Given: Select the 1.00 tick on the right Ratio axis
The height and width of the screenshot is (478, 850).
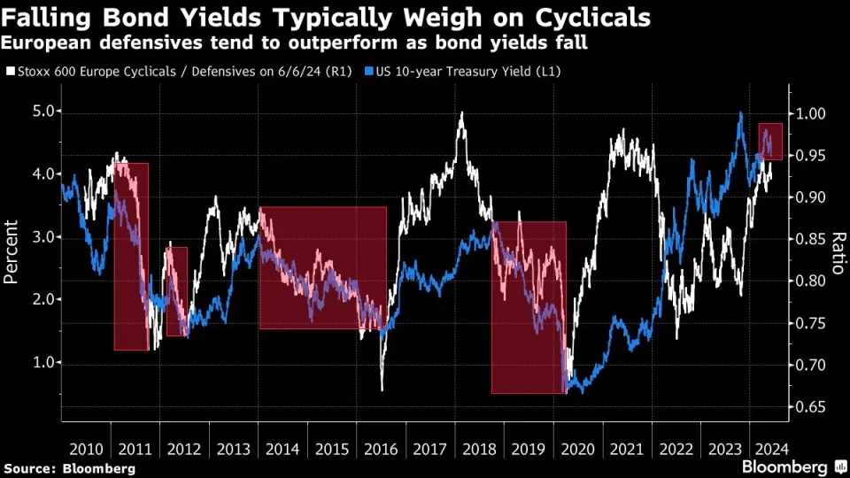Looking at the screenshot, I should [810, 114].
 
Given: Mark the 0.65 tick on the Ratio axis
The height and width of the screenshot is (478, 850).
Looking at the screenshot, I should [810, 407].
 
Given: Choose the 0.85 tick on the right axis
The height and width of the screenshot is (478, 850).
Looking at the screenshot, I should [810, 240].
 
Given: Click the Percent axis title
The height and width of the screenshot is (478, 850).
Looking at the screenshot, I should [12, 252].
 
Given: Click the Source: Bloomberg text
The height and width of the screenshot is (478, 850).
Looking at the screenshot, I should [69, 467].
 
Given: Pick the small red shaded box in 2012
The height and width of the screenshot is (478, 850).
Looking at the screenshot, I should [177, 291].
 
